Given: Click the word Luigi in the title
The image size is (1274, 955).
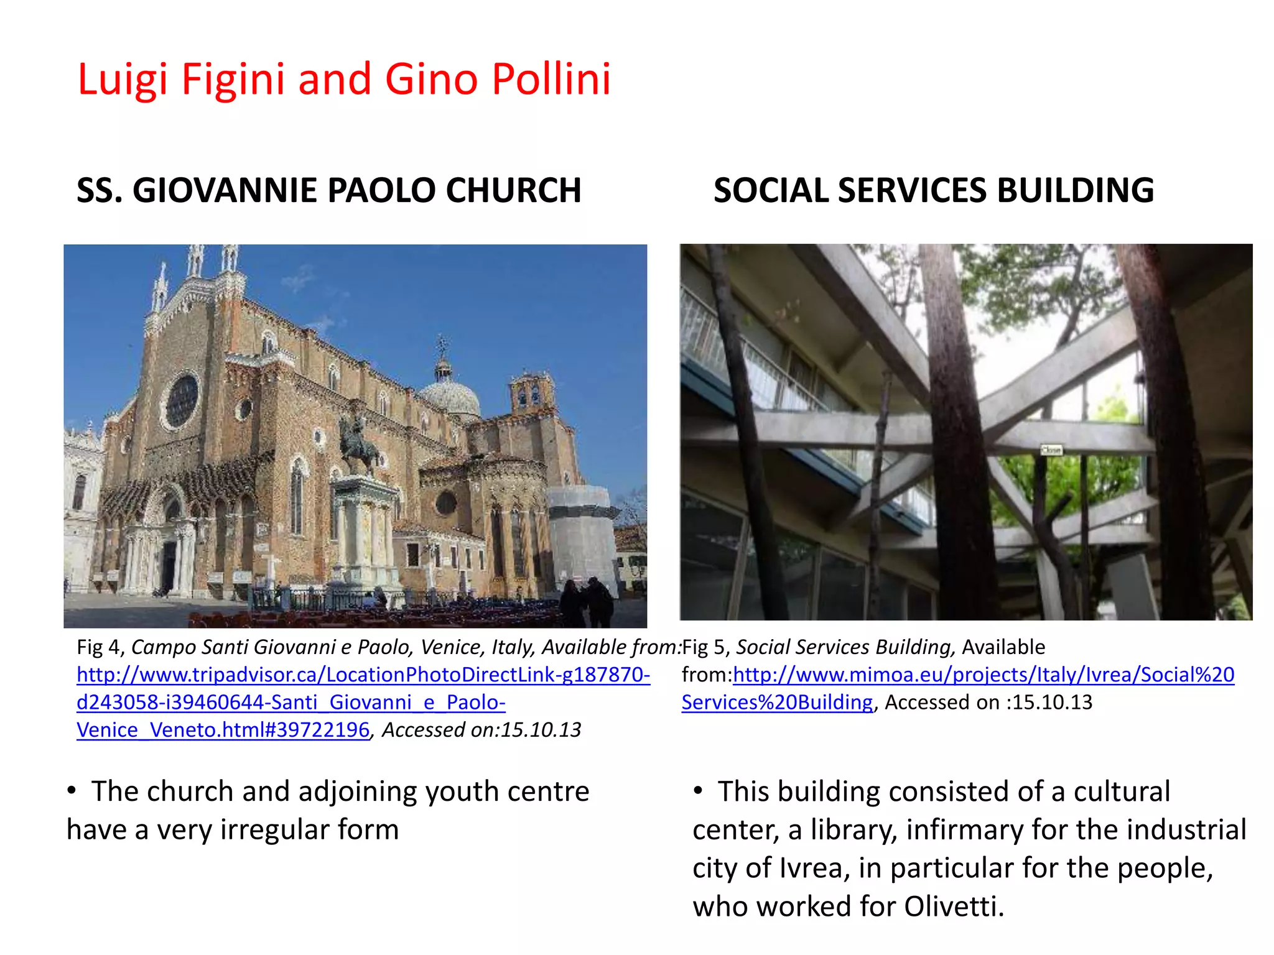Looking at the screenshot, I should click(123, 80).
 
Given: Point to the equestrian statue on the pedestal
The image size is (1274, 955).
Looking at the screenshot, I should click(358, 445).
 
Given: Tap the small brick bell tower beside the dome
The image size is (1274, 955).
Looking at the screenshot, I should click(532, 392).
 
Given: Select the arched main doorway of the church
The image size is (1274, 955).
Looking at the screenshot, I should click(169, 560).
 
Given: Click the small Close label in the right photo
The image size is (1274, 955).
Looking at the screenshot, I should click(1051, 450).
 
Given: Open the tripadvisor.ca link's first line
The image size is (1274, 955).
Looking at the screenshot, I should click(363, 675).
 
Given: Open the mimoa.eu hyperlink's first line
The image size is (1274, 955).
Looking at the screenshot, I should click(983, 675).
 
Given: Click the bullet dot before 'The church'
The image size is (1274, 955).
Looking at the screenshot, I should click(73, 790).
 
